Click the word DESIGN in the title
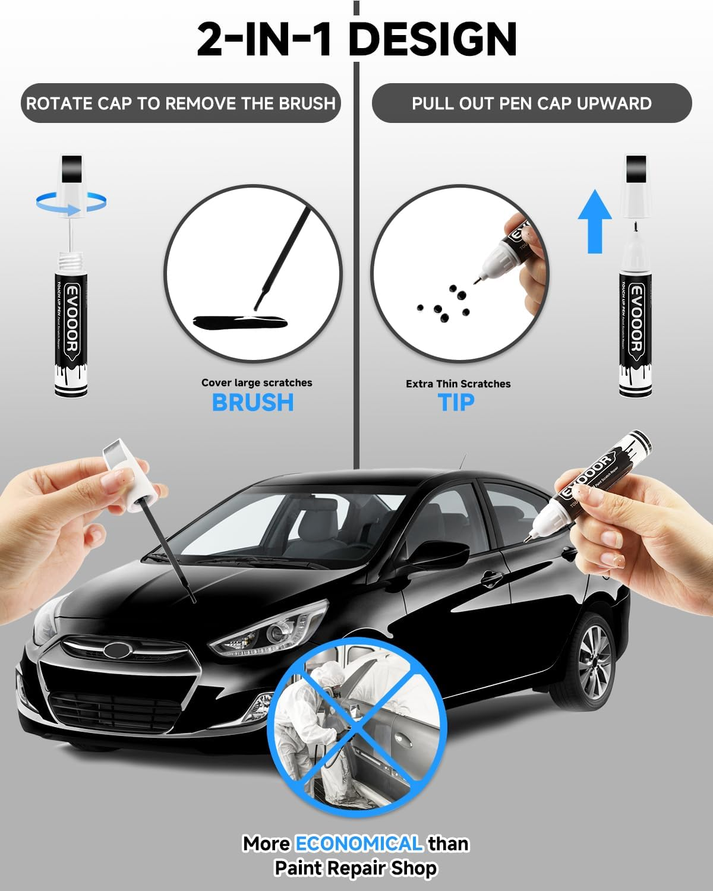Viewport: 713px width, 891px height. click(432, 39)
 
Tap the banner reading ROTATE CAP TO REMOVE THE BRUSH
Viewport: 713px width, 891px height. click(181, 103)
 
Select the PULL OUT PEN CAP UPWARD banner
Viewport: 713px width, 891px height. click(531, 103)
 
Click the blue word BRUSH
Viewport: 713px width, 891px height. click(253, 403)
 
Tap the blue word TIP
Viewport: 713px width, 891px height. click(456, 403)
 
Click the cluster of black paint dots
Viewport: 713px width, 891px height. click(443, 304)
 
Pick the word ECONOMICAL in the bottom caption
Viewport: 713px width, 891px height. click(359, 843)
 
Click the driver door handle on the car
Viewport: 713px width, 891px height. click(491, 577)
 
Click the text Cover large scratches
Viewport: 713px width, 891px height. click(257, 383)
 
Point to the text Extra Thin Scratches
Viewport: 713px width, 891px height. click(458, 384)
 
